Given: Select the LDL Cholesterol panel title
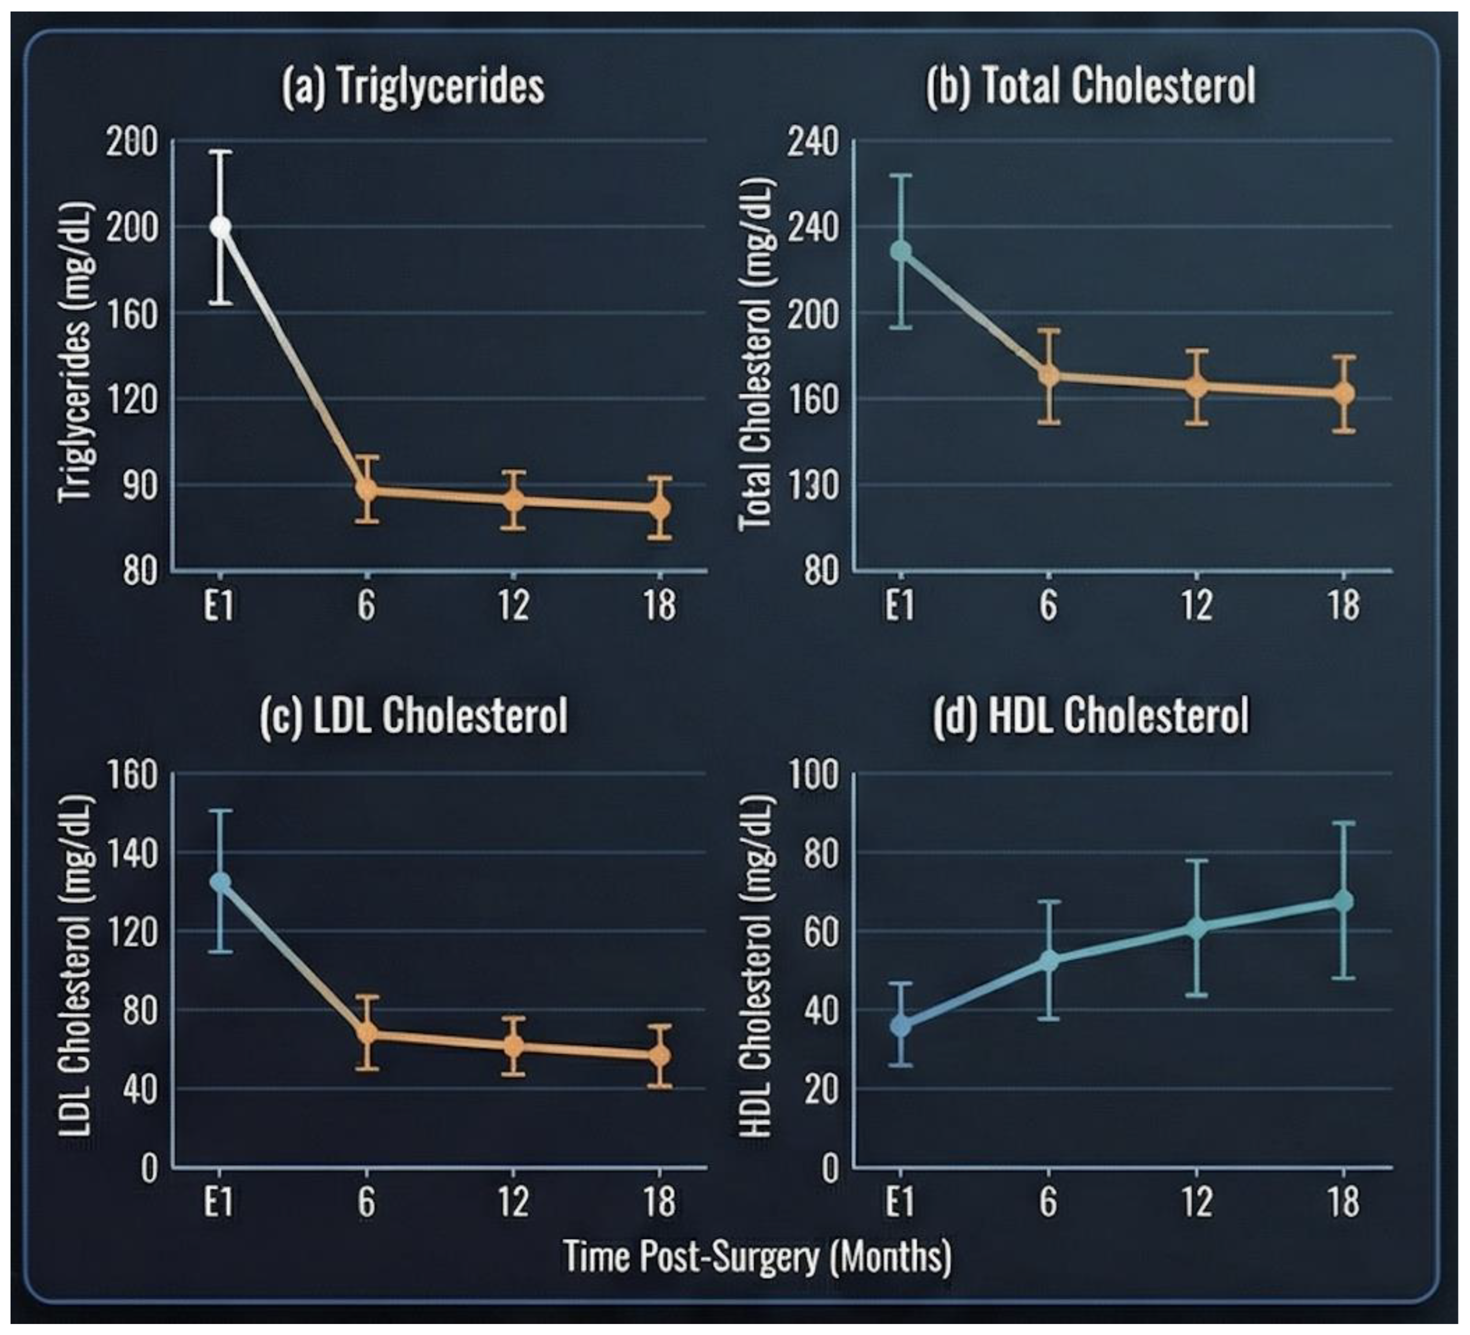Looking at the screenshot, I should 413,717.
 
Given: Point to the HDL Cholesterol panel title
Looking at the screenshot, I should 1091,717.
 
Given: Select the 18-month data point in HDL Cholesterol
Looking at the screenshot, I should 1343,901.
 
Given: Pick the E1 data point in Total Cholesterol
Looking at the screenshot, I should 901,251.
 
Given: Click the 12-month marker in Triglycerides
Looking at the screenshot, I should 514,501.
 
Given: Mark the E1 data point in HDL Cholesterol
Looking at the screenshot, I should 901,1025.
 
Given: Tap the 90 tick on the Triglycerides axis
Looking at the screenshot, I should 139,485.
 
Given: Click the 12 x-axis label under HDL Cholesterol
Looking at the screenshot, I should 1196,1201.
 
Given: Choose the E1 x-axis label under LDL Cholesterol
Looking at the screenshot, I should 218,1201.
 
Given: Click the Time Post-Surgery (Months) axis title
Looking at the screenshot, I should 757,1258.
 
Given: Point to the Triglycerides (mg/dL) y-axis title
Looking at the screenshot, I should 76,354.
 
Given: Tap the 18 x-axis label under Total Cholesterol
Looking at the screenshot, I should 1343,605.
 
